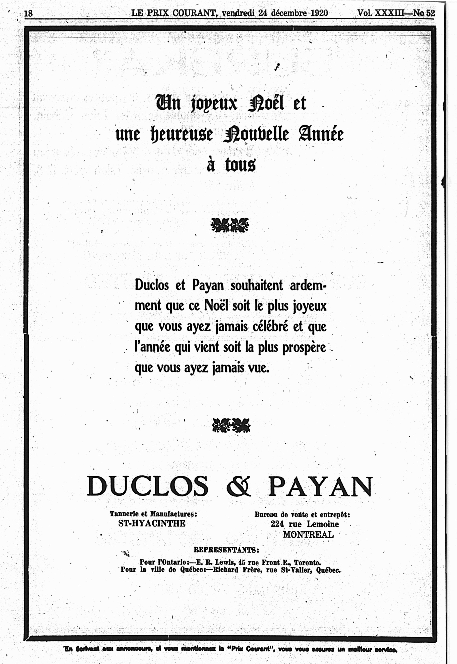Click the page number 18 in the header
(29, 13)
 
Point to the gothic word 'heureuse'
(182, 134)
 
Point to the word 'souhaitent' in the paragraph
(257, 285)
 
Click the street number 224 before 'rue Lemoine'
(277, 524)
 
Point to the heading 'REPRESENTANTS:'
(226, 550)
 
